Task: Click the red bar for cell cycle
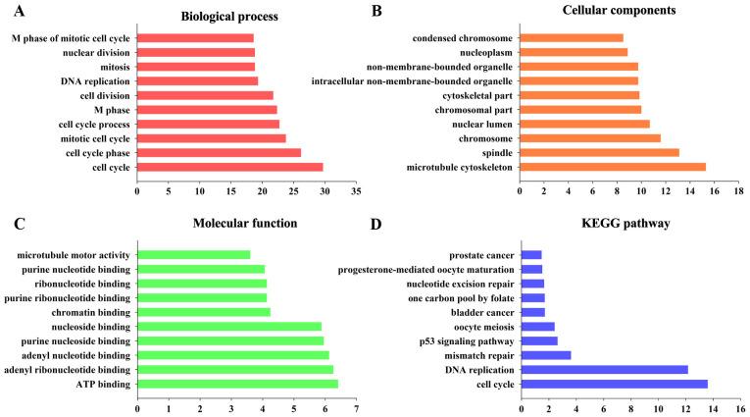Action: click(229, 167)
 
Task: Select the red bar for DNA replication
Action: click(197, 80)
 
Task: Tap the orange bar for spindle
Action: click(599, 152)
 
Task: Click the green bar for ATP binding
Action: click(237, 384)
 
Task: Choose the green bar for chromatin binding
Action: click(203, 312)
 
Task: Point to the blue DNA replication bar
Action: click(604, 369)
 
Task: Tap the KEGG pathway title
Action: click(631, 224)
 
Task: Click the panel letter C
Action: click(19, 223)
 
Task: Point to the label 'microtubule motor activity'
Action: click(73, 255)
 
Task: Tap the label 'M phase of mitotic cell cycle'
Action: click(71, 38)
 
